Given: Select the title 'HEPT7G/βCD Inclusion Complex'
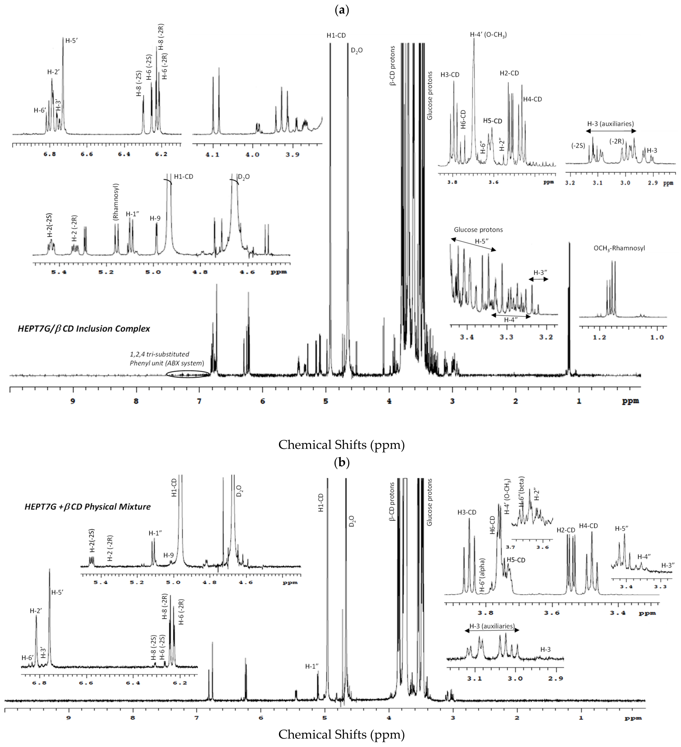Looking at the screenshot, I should point(84,329).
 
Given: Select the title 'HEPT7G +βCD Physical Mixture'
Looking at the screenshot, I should point(88,507).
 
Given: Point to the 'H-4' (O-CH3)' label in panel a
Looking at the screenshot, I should point(488,35).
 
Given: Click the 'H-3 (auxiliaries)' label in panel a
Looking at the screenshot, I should point(610,124).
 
